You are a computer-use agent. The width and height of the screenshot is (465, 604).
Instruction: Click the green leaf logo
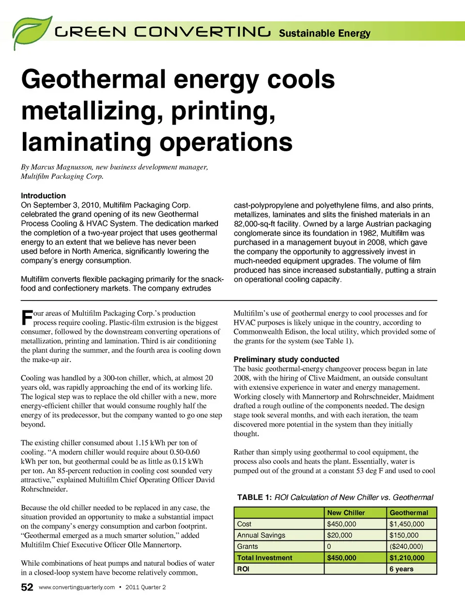[x=31, y=32]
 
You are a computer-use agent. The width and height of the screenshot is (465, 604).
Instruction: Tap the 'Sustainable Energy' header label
[x=325, y=33]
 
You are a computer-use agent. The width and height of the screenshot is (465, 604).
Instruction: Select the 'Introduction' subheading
[x=43, y=196]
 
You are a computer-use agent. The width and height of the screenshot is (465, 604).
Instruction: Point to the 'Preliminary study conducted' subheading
[x=286, y=360]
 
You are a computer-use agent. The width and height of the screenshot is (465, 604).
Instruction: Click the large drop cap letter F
[x=27, y=318]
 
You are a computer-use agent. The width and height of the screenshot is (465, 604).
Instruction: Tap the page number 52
[x=27, y=588]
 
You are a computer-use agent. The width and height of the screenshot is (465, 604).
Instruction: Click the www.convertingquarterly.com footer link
[x=77, y=588]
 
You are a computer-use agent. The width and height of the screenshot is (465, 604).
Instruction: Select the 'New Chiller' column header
[x=346, y=513]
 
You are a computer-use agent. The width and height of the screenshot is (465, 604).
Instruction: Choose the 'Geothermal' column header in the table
[x=409, y=513]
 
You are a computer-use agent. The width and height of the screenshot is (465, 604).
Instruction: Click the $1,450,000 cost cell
[x=407, y=524]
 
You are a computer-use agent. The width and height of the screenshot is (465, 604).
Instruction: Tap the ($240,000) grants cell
[x=406, y=547]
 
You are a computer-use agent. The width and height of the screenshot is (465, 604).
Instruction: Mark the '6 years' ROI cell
[x=402, y=569]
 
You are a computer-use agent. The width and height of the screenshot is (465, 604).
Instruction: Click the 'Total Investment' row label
[x=264, y=558]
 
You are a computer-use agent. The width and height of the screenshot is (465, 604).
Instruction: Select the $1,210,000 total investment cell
[x=407, y=558]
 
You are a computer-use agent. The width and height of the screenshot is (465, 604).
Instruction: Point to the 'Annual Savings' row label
[x=261, y=536]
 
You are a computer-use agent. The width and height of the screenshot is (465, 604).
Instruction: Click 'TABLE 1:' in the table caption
[x=254, y=497]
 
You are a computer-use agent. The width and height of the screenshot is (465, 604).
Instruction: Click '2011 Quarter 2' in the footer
[x=145, y=588]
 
